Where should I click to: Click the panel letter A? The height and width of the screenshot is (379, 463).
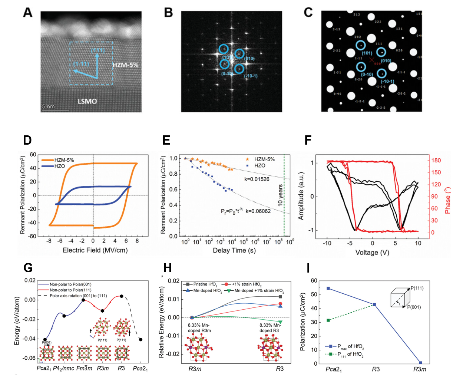pos(27,13)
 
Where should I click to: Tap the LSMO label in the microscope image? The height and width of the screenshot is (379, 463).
pos(87,101)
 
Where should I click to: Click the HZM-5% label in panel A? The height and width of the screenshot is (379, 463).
pos(125,65)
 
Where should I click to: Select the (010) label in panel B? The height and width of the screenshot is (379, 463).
pos(249,59)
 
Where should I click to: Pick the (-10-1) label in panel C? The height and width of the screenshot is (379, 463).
pos(387,82)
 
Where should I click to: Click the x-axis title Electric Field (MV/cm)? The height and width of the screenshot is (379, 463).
pos(95,250)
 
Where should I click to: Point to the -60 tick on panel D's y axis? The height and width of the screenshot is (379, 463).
pos(33,236)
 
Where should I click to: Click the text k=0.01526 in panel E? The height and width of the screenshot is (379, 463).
pos(257,179)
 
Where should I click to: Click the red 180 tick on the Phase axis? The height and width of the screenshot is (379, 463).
pos(436,161)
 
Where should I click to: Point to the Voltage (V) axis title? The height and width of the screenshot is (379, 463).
pos(372,253)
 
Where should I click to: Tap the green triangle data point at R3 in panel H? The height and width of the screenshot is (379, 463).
pos(280,322)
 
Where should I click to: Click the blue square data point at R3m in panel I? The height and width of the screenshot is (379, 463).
pos(420,363)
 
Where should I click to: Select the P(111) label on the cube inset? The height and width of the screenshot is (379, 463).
pos(417,288)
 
